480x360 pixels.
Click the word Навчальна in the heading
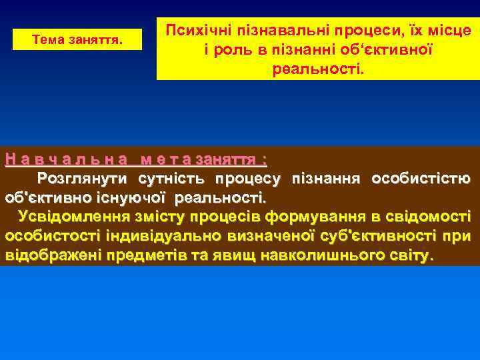[66, 159]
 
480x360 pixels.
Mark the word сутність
[173, 179]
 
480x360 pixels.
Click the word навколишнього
[307, 255]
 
